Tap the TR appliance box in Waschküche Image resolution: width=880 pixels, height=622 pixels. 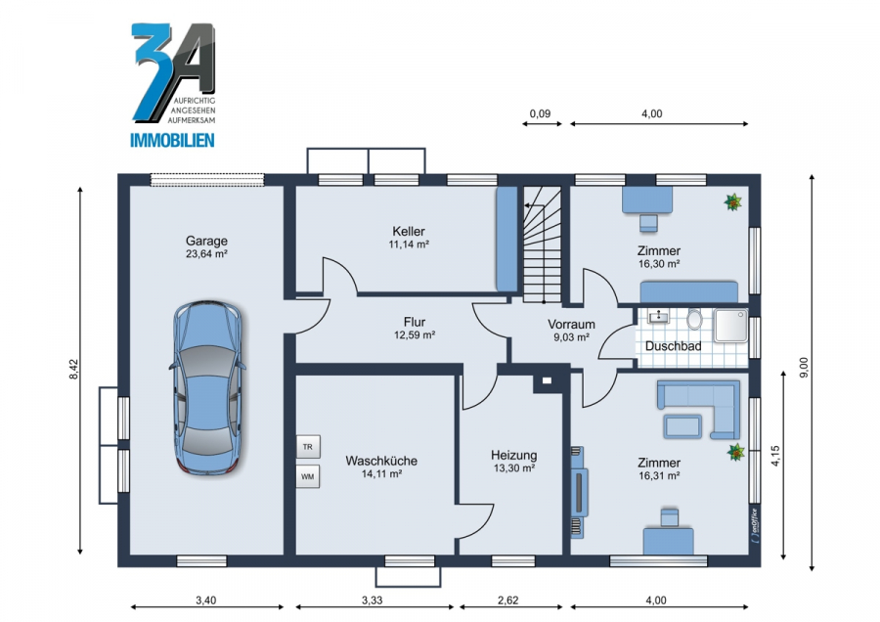(x=308, y=447)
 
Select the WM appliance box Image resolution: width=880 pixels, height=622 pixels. (x=308, y=476)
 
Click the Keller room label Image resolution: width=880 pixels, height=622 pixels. (x=409, y=231)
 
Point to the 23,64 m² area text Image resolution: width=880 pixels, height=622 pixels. (x=206, y=253)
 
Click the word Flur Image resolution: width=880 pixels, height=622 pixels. (x=415, y=322)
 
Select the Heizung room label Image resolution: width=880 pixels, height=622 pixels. (x=513, y=456)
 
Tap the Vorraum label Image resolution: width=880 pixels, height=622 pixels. (x=571, y=325)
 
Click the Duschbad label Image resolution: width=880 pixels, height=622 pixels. (x=673, y=346)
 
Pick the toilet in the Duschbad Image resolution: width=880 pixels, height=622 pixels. (x=695, y=320)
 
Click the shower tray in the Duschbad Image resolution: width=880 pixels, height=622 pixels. (x=730, y=326)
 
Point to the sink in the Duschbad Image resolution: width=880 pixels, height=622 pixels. (x=658, y=317)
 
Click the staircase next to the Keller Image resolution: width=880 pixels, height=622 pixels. (x=542, y=244)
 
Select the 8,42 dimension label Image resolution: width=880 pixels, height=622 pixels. (x=73, y=370)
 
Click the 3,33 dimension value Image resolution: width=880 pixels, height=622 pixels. (x=373, y=600)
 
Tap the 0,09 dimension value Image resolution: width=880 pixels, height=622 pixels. (x=540, y=114)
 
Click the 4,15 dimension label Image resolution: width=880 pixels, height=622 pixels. (x=775, y=456)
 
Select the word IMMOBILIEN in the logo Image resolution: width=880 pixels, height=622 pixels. (x=172, y=140)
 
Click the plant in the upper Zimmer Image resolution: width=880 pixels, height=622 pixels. (x=733, y=202)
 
